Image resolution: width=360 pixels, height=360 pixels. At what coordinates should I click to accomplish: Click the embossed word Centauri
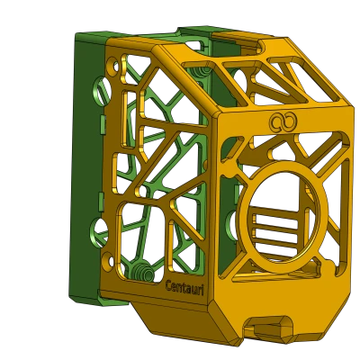(x=184, y=287)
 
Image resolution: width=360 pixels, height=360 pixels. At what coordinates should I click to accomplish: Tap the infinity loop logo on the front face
(x=283, y=122)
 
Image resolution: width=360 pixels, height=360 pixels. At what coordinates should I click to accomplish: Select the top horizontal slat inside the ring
(x=275, y=219)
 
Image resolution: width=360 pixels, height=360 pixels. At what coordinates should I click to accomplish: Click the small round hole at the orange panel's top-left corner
(x=112, y=66)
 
